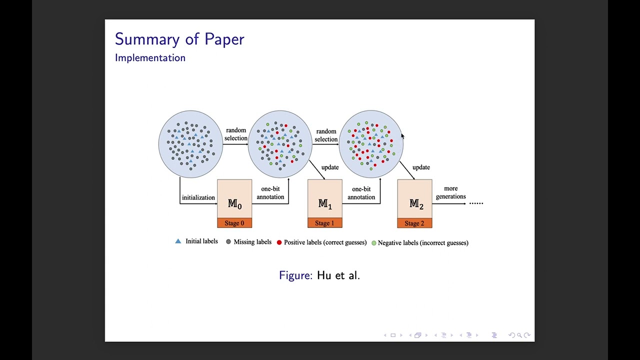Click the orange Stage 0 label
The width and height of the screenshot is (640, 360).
coord(234,223)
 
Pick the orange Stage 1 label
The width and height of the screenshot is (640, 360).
coord(325,223)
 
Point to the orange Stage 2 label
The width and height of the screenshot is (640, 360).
coord(415,223)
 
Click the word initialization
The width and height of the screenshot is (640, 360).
coord(198,197)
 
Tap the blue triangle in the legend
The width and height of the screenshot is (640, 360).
coord(178,241)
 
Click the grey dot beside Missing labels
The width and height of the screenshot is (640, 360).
coord(228,241)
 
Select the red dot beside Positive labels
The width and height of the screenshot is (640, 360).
coord(279,242)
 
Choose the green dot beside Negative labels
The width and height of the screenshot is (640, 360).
coord(373,243)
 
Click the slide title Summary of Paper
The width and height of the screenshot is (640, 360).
coord(179,39)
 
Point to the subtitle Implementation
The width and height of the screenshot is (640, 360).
coord(150,57)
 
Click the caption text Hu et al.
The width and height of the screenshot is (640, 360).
coord(338,275)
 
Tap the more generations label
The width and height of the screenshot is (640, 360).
coord(451,192)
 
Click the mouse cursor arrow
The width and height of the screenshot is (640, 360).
coord(402,136)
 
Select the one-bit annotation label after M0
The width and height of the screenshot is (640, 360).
coord(270,193)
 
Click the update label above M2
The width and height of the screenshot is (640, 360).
coord(421,167)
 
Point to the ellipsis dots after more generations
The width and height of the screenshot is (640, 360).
coord(476,203)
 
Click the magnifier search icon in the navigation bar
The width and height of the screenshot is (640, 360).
coord(519,335)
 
